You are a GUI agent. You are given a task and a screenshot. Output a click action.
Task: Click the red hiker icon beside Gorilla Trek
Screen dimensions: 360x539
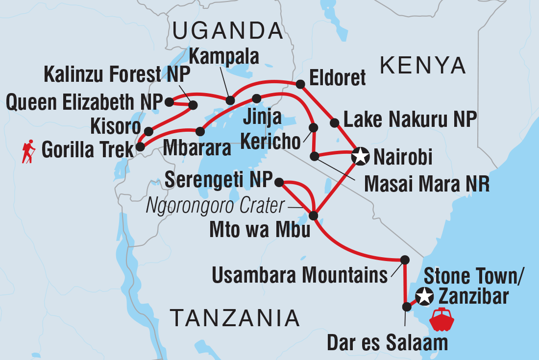point(29,151)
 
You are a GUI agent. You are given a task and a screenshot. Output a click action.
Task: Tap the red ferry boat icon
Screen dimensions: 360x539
point(441,320)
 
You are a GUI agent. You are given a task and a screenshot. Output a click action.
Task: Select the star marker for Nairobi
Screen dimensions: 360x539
point(360,157)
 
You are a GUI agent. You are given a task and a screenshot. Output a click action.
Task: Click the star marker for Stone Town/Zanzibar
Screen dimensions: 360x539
point(424,296)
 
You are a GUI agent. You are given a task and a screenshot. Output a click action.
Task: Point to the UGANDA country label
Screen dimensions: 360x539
point(228,32)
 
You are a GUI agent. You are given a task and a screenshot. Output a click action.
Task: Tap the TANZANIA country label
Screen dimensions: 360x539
point(235,318)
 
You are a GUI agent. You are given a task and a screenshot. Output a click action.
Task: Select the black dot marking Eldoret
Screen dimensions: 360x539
point(300,84)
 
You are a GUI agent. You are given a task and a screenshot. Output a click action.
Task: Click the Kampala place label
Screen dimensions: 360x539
point(224,57)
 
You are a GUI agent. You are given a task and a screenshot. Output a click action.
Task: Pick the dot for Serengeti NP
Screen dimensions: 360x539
point(279,182)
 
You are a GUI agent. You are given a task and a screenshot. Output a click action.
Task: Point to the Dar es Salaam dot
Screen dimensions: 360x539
point(406,307)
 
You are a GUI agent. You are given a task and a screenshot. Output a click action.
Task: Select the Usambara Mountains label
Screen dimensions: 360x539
point(299,276)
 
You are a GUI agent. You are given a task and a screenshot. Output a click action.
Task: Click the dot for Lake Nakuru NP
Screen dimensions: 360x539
point(335,122)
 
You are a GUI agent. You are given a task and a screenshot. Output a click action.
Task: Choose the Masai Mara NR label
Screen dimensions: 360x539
point(426,185)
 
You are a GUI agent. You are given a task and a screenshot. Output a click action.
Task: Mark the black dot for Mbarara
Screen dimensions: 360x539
point(199,131)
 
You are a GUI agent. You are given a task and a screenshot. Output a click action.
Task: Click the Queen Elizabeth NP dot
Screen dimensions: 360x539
point(169,102)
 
